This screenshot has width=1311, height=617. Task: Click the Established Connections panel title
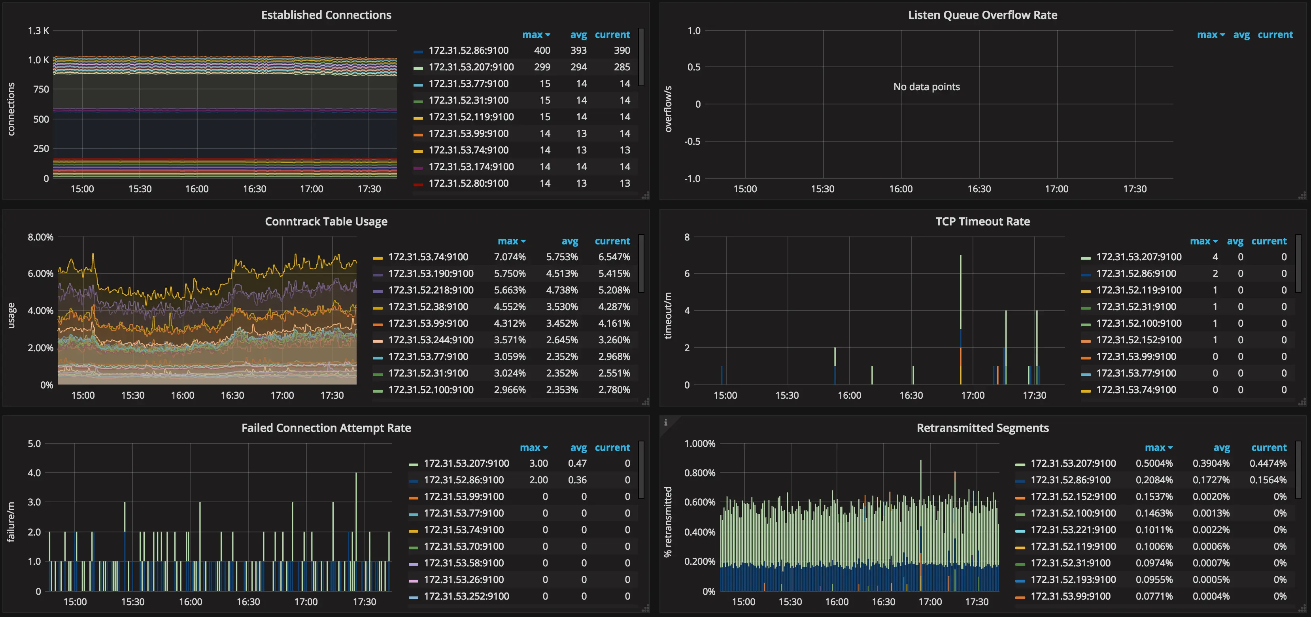click(x=326, y=15)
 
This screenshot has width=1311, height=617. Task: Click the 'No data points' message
click(x=926, y=87)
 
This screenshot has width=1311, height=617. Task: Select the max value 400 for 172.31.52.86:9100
click(x=542, y=50)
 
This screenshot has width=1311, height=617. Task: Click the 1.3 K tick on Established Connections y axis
click(x=38, y=30)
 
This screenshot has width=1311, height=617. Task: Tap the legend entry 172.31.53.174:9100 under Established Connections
click(x=471, y=167)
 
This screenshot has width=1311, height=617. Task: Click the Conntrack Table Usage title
click(x=326, y=221)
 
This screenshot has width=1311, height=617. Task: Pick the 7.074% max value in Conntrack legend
click(x=510, y=257)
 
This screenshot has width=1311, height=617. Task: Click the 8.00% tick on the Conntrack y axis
click(x=40, y=237)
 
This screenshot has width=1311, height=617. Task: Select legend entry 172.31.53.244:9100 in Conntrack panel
click(x=431, y=340)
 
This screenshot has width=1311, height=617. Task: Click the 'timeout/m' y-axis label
click(x=668, y=316)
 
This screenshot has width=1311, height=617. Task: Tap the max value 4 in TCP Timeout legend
click(x=1215, y=257)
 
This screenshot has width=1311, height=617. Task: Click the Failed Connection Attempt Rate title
click(x=326, y=428)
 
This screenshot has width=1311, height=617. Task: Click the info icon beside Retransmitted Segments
click(x=665, y=422)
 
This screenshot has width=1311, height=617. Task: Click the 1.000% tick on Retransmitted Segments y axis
click(x=699, y=444)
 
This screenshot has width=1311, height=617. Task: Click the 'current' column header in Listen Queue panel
click(x=1275, y=35)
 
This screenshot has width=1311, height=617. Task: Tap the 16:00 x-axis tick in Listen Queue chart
click(x=901, y=189)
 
